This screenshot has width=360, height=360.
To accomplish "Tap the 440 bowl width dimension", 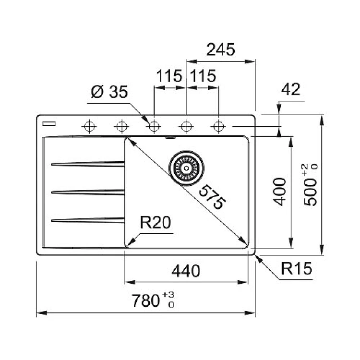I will click(x=186, y=271).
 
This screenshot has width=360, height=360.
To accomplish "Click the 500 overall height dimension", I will click(x=312, y=185).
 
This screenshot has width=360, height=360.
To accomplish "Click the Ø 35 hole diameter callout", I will click(x=110, y=92).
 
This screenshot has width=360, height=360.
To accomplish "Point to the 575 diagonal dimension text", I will click(x=212, y=196).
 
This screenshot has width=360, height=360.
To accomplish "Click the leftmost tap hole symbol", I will click(x=89, y=126).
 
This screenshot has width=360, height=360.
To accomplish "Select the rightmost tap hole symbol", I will click(x=218, y=126).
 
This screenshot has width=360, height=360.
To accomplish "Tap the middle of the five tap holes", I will click(x=154, y=126).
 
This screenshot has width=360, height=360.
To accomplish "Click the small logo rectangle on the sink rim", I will click(x=48, y=123).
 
